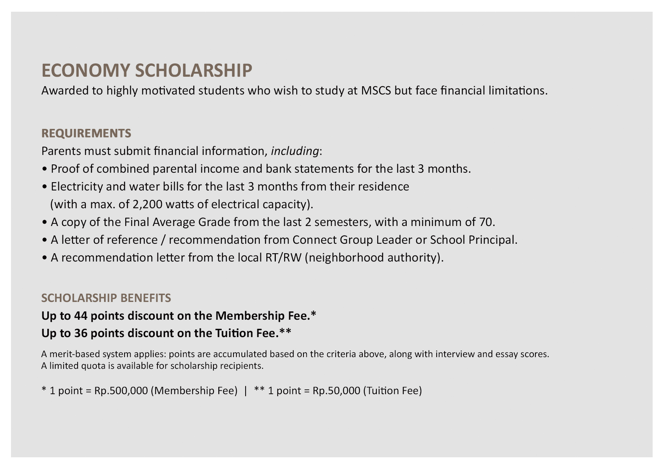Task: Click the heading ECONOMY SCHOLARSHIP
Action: coord(146,71)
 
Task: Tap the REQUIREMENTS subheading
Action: coord(86,133)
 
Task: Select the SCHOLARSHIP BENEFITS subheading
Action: coord(106,298)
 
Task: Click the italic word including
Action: coord(295,151)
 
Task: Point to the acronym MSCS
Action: coord(376,91)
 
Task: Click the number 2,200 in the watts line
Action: coord(148,204)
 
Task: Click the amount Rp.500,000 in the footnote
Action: coord(121,391)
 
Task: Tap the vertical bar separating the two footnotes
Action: coord(246,391)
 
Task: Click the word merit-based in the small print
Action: coord(73,354)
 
